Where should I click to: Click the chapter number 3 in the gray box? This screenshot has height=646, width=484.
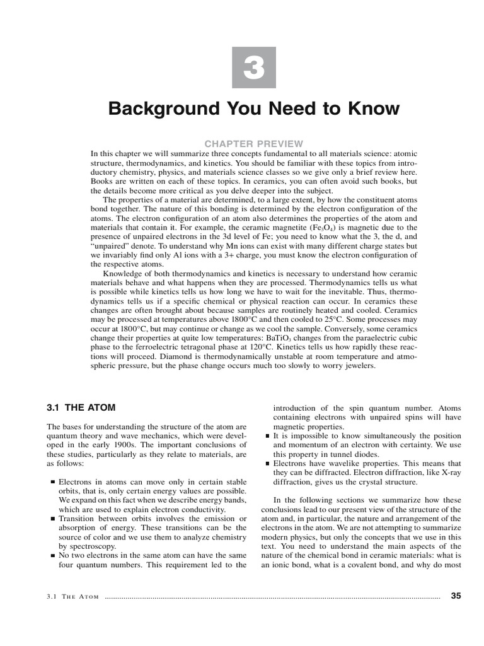[x=254, y=68]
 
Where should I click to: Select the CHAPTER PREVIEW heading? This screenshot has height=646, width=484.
[x=254, y=144]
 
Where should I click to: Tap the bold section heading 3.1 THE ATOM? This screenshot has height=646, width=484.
[x=81, y=408]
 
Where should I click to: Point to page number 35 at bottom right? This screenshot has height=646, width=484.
[x=457, y=596]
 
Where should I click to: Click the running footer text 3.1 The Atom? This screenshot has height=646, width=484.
[x=73, y=596]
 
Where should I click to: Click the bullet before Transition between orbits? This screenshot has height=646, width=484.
[x=52, y=519]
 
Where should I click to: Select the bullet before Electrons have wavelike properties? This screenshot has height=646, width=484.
[x=267, y=464]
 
